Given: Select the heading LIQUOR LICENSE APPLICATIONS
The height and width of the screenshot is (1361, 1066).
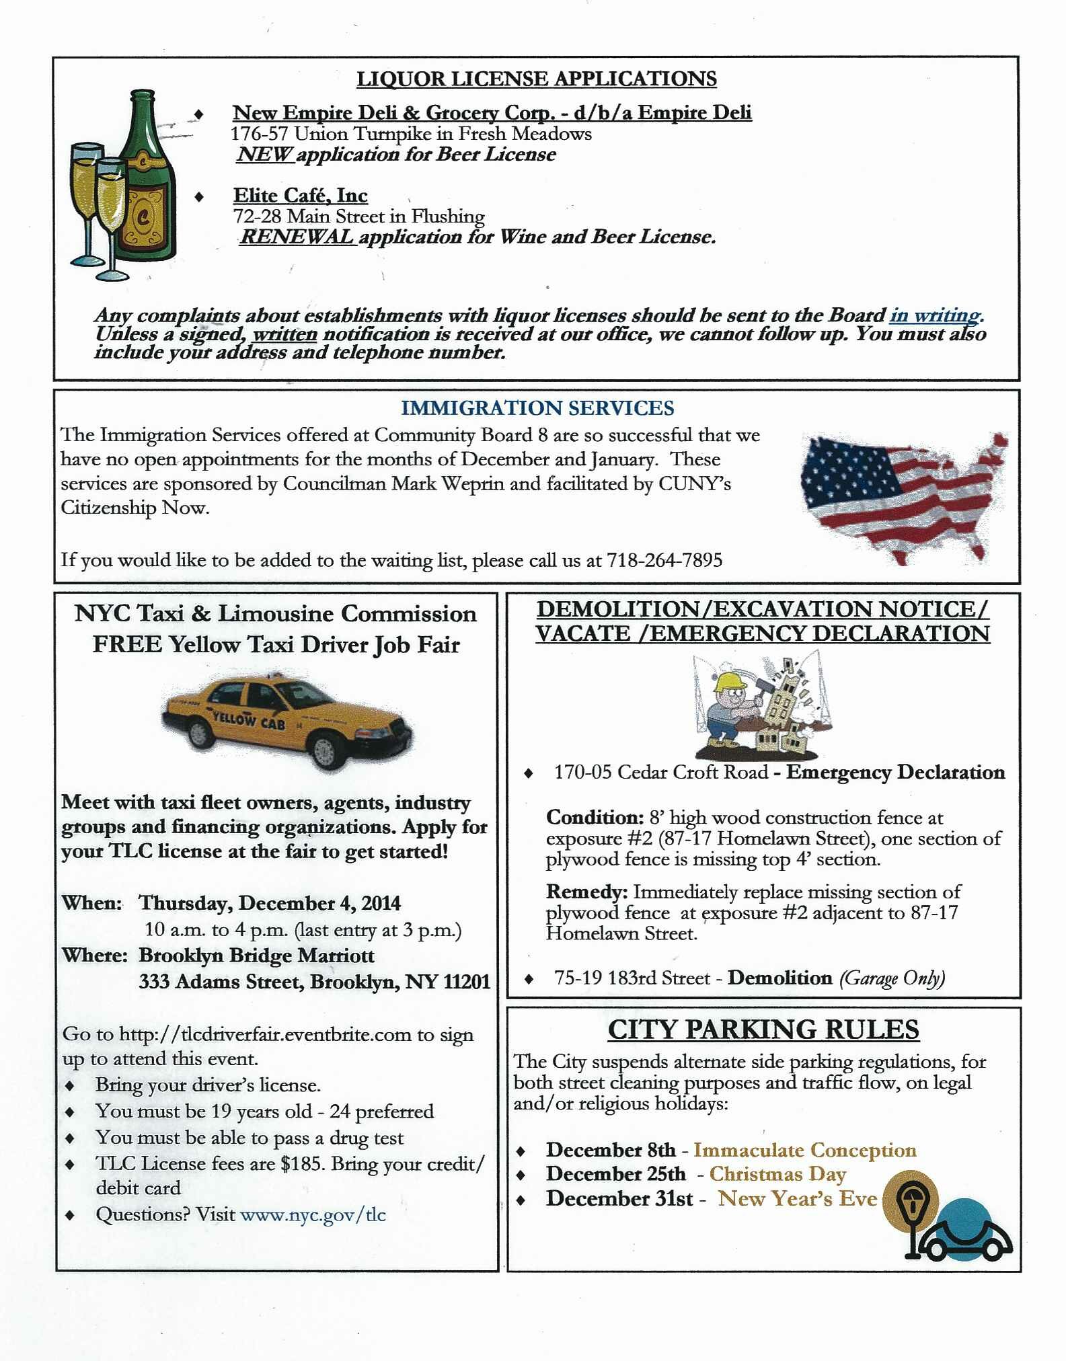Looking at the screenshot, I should pyautogui.click(x=536, y=79).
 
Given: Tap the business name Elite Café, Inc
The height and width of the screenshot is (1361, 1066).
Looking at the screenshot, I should pyautogui.click(x=300, y=196).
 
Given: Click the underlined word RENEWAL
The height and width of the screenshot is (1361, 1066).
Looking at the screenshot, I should pyautogui.click(x=297, y=237).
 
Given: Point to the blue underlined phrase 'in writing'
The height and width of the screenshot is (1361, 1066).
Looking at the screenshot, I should pyautogui.click(x=936, y=315).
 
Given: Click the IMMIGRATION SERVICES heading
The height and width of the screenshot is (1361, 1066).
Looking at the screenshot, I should pyautogui.click(x=537, y=408).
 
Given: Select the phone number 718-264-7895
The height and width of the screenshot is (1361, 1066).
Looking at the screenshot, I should pyautogui.click(x=664, y=560).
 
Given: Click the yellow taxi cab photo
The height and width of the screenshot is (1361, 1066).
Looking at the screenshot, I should pyautogui.click(x=288, y=723).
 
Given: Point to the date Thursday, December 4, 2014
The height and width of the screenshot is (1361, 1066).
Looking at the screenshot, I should pyautogui.click(x=270, y=903).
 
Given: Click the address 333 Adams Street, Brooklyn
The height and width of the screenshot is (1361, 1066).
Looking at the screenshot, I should pyautogui.click(x=315, y=982).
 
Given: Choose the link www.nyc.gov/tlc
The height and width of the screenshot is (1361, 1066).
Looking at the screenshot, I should pyautogui.click(x=313, y=1214).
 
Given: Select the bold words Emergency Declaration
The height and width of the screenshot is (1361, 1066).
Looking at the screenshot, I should pyautogui.click(x=895, y=772).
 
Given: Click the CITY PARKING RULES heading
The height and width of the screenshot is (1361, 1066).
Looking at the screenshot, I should pyautogui.click(x=763, y=1030).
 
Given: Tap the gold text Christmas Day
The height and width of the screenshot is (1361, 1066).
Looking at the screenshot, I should pyautogui.click(x=777, y=1174).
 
